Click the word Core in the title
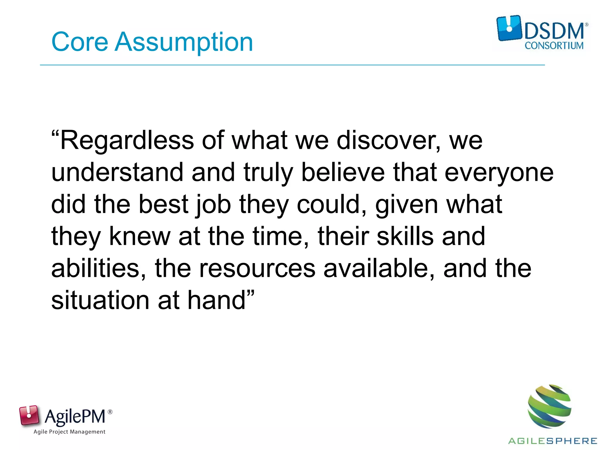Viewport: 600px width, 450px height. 80,42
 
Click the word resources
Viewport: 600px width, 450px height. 257,269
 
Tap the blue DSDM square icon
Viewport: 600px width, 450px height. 509,28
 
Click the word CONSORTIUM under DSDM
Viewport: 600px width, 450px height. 554,46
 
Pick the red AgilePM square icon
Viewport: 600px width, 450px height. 29,415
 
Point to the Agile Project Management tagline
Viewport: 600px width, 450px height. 69,432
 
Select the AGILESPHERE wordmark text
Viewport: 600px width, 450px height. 553,441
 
